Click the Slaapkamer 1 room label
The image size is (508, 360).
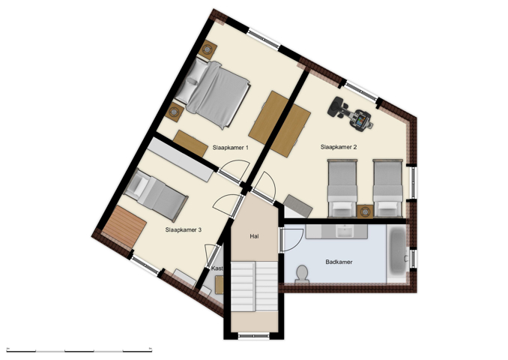click(230, 148)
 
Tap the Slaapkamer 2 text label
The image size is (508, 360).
click(338, 148)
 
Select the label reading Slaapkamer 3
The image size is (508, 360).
click(184, 230)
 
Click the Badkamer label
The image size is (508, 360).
click(339, 262)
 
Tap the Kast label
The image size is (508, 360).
click(217, 268)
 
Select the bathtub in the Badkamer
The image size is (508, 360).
click(395, 253)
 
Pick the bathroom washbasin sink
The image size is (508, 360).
click(345, 230)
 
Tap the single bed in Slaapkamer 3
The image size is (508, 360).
click(156, 193)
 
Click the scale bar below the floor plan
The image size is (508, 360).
click(79, 350)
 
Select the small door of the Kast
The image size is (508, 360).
click(210, 256)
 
